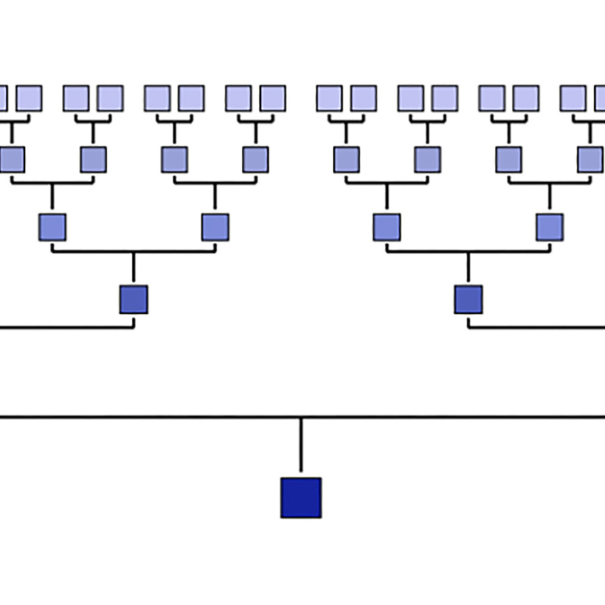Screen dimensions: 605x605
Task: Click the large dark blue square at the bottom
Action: [x=300, y=497]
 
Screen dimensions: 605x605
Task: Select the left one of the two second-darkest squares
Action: [x=133, y=299]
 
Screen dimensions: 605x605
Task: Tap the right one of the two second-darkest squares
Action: [x=468, y=299]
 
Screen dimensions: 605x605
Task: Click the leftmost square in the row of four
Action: [x=52, y=227]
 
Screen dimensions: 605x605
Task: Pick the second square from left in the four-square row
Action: [x=215, y=227]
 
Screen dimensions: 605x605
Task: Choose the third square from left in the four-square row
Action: [x=387, y=227]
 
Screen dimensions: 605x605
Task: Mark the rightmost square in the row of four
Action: [x=549, y=227]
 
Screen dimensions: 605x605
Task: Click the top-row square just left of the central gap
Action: [x=272, y=98]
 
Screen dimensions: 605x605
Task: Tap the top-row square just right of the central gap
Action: [x=329, y=98]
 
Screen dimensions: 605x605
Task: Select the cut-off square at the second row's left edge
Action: [x=11, y=160]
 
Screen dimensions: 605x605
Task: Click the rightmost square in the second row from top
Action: [x=590, y=160]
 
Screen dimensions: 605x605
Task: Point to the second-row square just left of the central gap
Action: [x=255, y=160]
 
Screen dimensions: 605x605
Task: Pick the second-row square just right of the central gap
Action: [x=346, y=160]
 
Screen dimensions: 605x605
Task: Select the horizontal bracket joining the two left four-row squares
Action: [x=133, y=252]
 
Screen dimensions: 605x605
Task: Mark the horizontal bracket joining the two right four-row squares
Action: [x=468, y=252]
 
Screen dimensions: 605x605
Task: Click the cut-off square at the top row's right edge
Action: [x=600, y=98]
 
